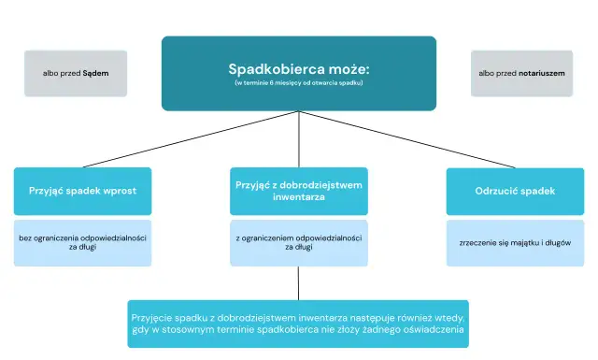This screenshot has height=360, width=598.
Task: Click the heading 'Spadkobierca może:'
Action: (x=298, y=69)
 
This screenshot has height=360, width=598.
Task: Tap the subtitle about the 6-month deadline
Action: (x=298, y=83)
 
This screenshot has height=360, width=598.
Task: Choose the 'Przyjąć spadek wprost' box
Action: (x=82, y=191)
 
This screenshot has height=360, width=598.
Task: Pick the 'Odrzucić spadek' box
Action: (x=515, y=191)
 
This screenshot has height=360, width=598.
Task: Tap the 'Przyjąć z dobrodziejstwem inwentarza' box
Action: (x=298, y=191)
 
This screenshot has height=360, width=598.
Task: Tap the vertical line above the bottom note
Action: (x=298, y=282)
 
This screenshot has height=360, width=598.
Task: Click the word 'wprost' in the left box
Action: (x=121, y=191)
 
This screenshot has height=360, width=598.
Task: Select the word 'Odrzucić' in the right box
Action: (x=495, y=191)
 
